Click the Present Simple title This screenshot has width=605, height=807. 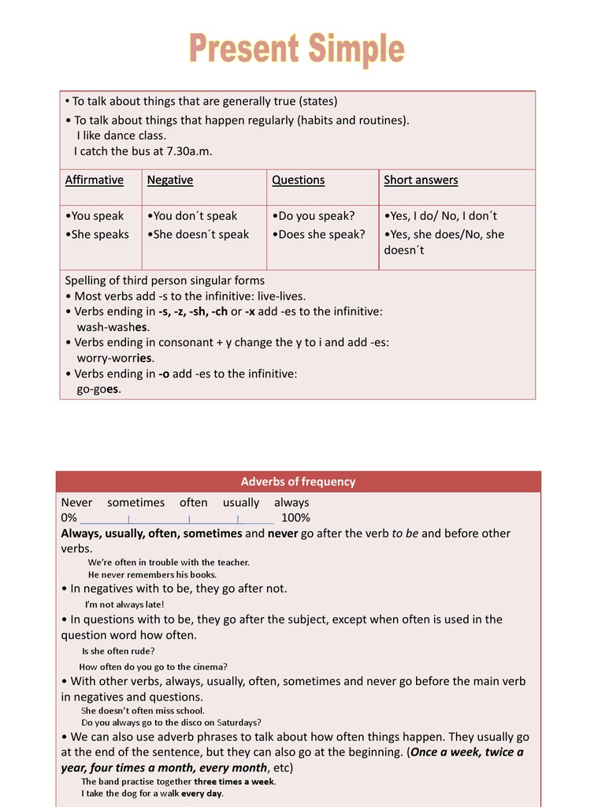[x=296, y=49]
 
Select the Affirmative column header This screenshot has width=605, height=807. [x=95, y=180]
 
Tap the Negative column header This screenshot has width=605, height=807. [x=170, y=180]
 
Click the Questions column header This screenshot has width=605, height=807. [x=298, y=180]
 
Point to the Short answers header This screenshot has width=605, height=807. [x=421, y=180]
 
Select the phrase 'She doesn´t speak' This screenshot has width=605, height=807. [x=198, y=234]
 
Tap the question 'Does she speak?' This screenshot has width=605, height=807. [x=318, y=234]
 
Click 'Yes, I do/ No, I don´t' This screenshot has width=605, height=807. [x=440, y=215]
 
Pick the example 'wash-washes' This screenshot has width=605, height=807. [x=113, y=327]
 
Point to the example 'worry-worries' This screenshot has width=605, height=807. [x=115, y=358]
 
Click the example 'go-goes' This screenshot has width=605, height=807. [x=98, y=389]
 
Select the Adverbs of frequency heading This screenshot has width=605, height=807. [x=298, y=482]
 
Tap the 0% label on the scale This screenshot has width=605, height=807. [x=69, y=518]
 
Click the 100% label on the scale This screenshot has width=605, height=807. [x=295, y=518]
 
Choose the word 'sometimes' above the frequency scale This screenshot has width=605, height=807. [x=135, y=502]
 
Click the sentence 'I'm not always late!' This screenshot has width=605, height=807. [x=124, y=604]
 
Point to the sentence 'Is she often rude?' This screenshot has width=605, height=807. [x=118, y=651]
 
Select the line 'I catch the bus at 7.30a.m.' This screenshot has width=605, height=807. [x=143, y=151]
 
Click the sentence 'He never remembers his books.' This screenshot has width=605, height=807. [x=152, y=575]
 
